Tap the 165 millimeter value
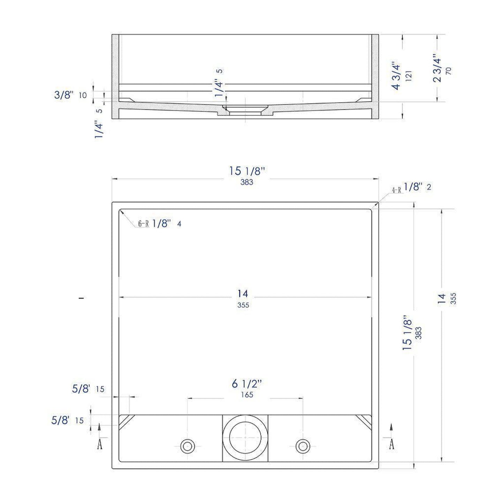[247, 402]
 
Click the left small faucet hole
[188, 446]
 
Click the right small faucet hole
[303, 446]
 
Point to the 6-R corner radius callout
[143, 224]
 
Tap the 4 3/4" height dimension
[397, 76]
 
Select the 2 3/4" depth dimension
[437, 68]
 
